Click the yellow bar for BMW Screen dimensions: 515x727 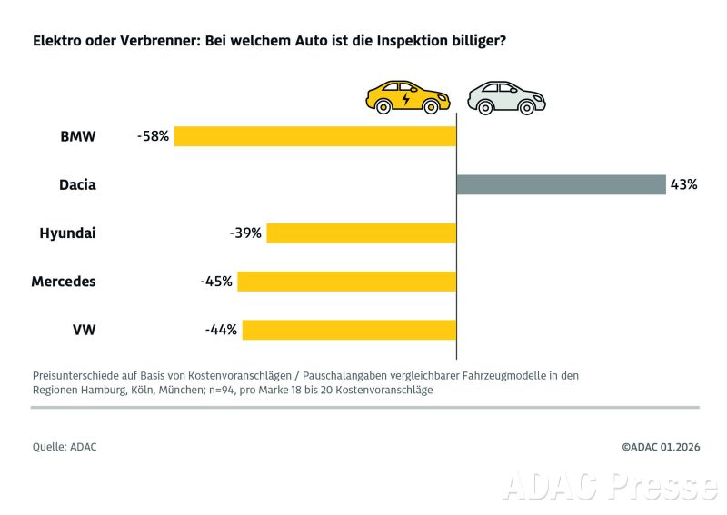tap(315, 136)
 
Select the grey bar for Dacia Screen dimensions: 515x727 tap(561, 184)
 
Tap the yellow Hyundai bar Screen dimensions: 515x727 tap(361, 233)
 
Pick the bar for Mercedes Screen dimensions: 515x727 tap(346, 282)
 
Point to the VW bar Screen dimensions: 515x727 tap(349, 330)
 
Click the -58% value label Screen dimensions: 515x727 tap(153, 136)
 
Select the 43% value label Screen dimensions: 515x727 tap(683, 184)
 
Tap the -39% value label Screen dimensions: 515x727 tap(245, 233)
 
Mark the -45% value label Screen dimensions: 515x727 tap(216, 282)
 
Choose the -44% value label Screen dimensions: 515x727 tap(221, 330)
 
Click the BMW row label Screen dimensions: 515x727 tap(77, 136)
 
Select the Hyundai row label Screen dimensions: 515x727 tap(67, 233)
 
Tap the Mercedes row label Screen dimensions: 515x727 tap(64, 282)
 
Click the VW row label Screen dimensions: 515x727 tap(83, 330)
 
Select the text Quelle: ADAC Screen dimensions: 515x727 tap(65, 446)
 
